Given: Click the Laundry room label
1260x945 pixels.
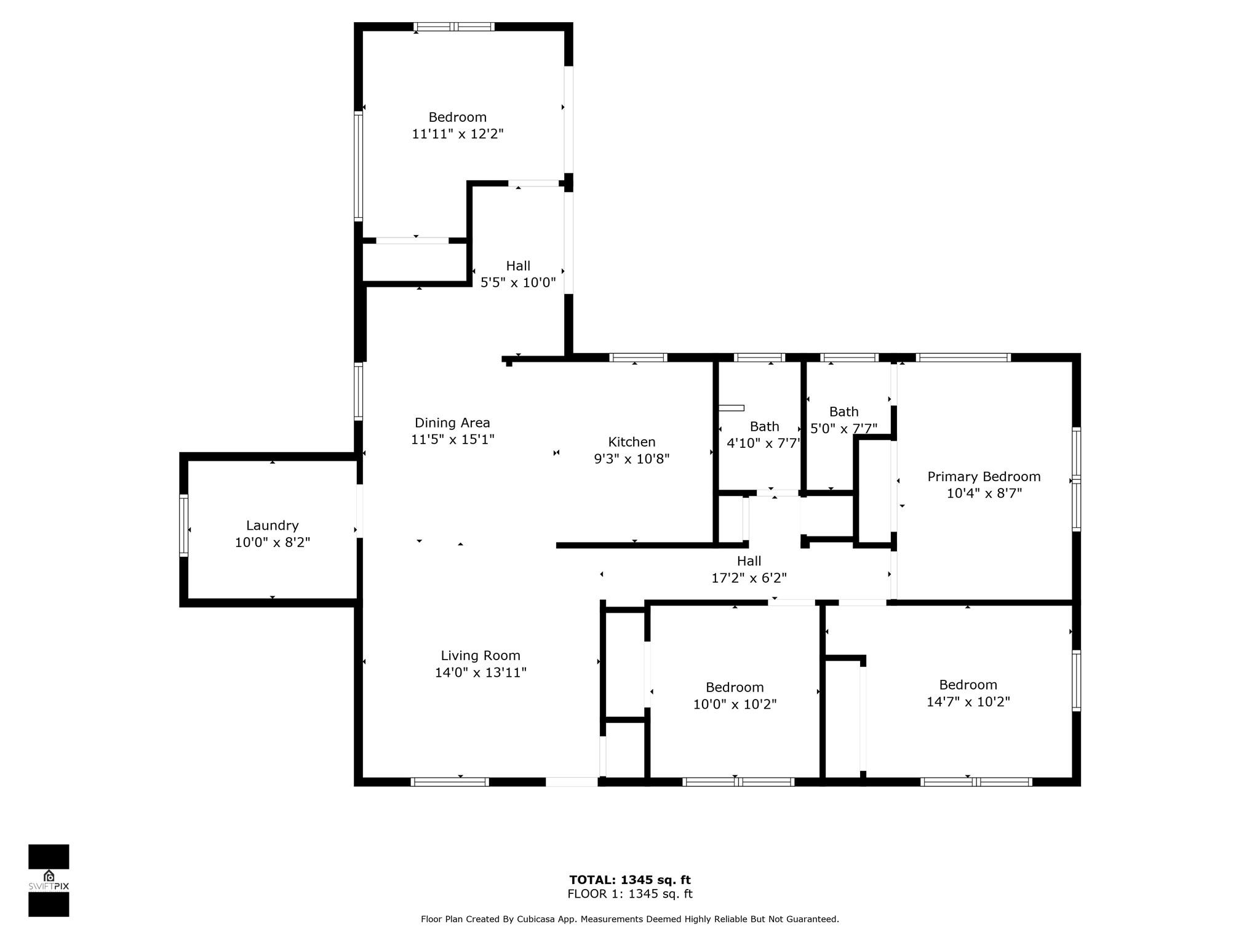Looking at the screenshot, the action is point(273,525).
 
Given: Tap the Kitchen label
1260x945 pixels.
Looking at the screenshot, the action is point(632,442).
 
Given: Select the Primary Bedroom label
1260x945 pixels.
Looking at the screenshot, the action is point(984,477).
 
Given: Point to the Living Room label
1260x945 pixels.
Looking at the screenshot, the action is point(480,656).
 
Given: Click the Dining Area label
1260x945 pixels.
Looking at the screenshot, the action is point(452,423).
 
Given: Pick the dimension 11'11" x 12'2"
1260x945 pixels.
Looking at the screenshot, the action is point(458,134).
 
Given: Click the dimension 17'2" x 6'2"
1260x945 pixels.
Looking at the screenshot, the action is point(749,578).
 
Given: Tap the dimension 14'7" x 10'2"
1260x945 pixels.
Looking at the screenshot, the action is point(968,701).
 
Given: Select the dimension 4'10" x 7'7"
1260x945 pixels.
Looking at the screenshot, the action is point(764,443).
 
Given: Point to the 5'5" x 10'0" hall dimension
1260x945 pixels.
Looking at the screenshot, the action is point(518,282).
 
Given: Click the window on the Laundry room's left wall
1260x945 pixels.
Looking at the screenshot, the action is point(183,525).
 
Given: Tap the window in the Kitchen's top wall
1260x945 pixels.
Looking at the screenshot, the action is point(638,357).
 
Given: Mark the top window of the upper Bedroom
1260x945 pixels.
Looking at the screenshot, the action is point(454,26).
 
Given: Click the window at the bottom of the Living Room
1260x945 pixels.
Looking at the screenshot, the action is point(450,782).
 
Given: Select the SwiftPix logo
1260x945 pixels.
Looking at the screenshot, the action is point(49,880).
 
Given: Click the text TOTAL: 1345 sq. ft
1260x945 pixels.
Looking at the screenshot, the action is point(630,880).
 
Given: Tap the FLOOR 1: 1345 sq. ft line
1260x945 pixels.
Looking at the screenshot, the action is point(630,895).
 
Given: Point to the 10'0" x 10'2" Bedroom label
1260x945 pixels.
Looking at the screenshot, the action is point(735,696).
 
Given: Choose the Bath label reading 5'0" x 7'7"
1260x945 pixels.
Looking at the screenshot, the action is point(844,420).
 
